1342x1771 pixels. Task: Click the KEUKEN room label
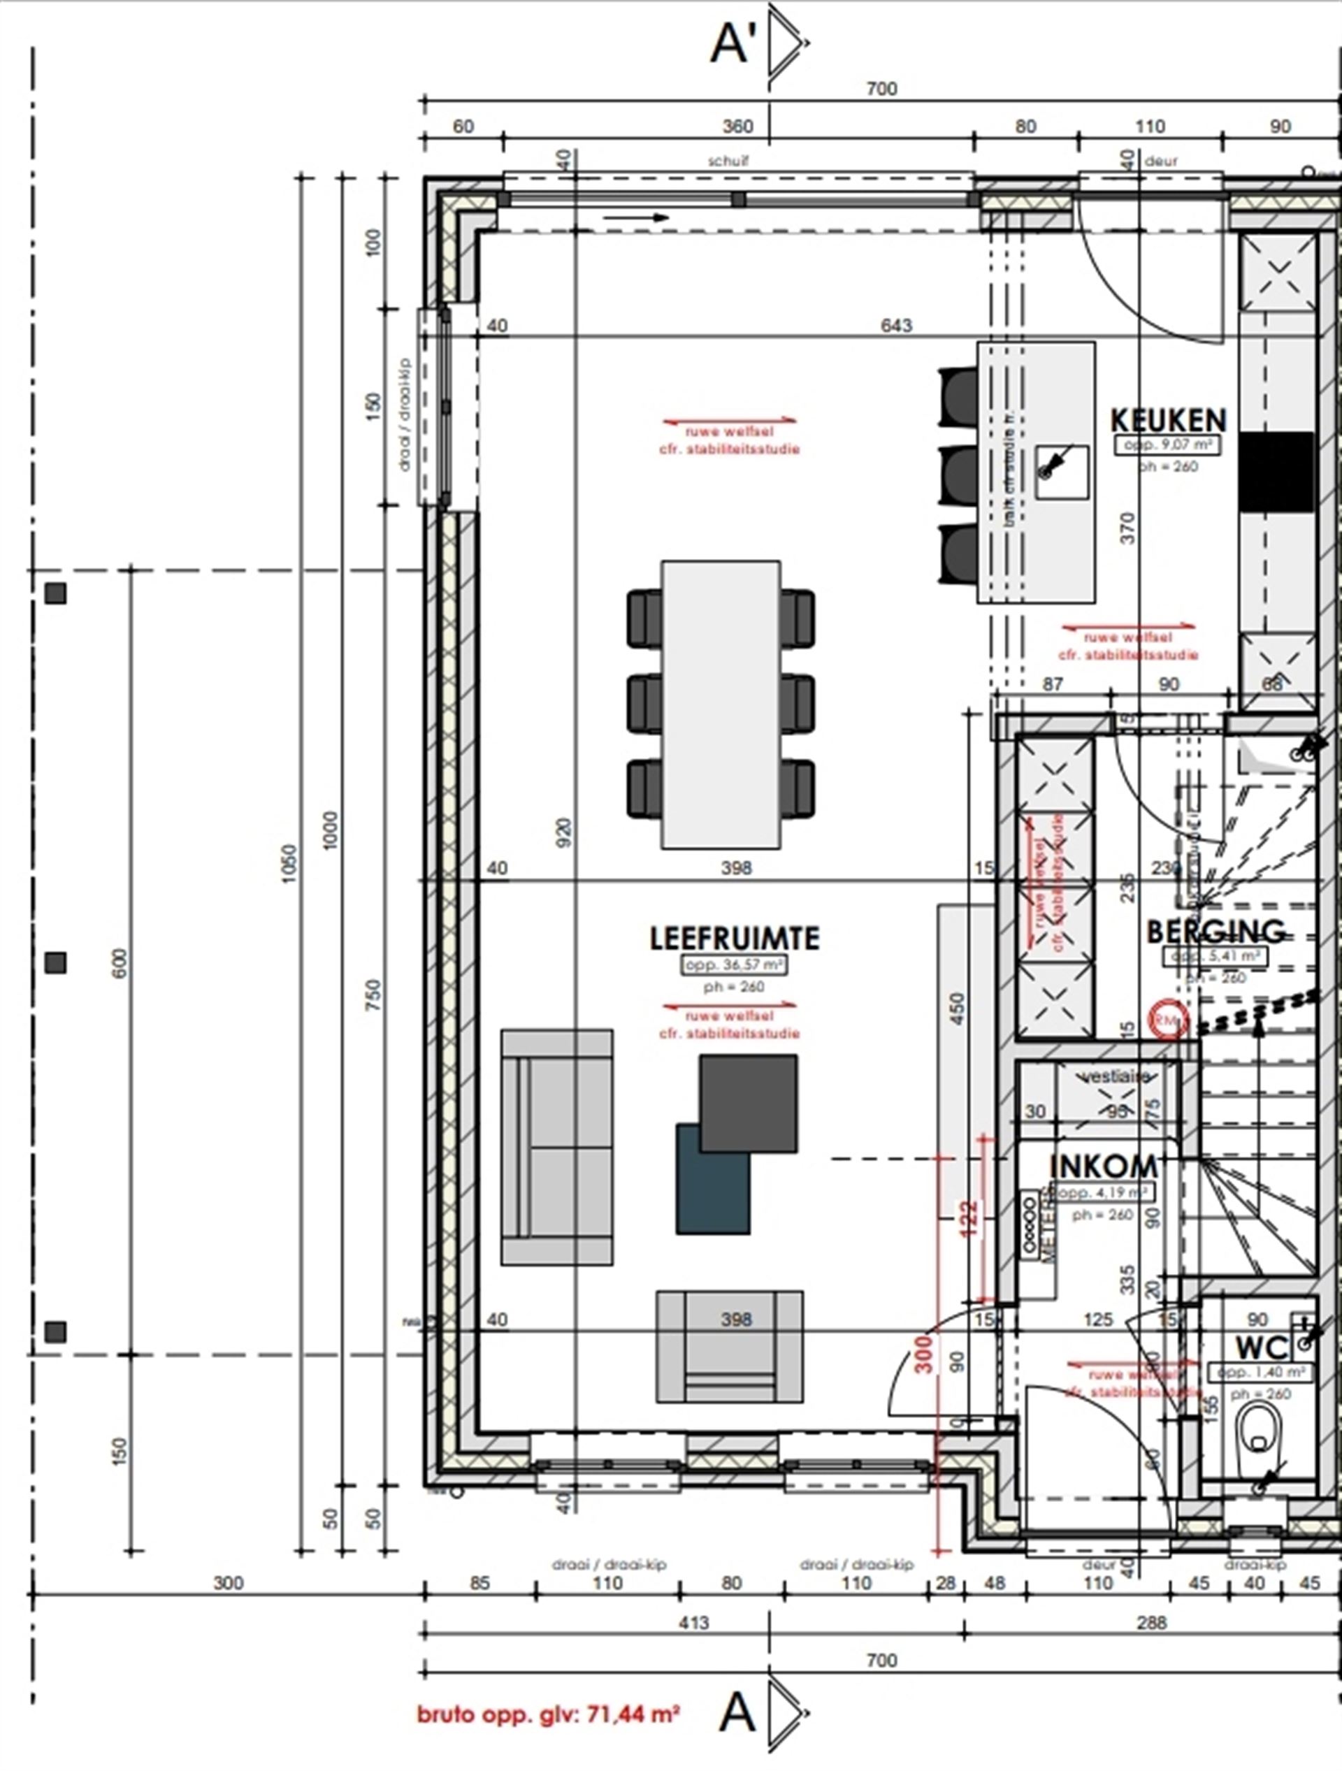(1168, 420)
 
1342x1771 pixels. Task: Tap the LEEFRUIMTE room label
(735, 939)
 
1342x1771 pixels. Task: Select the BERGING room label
(1215, 932)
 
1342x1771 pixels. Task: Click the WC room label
(1261, 1347)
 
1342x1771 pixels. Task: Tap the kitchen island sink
(1062, 472)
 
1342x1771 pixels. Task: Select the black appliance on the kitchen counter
(1276, 472)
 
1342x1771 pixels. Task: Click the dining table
(720, 704)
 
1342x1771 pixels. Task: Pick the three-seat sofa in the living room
(556, 1146)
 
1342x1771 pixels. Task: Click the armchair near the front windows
(730, 1347)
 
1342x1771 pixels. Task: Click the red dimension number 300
(924, 1354)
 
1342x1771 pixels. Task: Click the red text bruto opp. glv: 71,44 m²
(549, 1714)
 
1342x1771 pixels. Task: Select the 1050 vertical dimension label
(289, 864)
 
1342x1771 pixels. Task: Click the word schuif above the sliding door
(728, 161)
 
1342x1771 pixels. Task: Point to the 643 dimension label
(896, 326)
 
